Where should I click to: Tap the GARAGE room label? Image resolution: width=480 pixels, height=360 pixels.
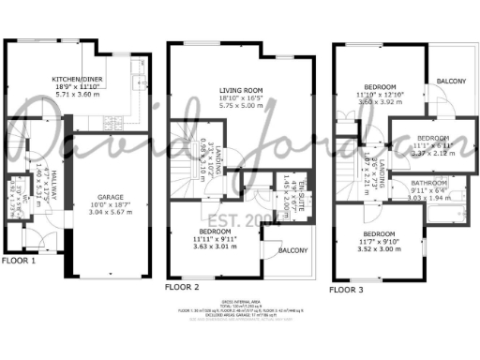(109, 196)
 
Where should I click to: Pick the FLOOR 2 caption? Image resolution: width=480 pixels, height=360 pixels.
(182, 286)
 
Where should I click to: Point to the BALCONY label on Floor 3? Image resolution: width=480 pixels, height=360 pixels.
(451, 82)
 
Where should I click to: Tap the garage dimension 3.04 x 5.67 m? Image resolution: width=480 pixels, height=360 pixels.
(109, 212)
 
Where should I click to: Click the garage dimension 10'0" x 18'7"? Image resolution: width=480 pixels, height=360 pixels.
(109, 204)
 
